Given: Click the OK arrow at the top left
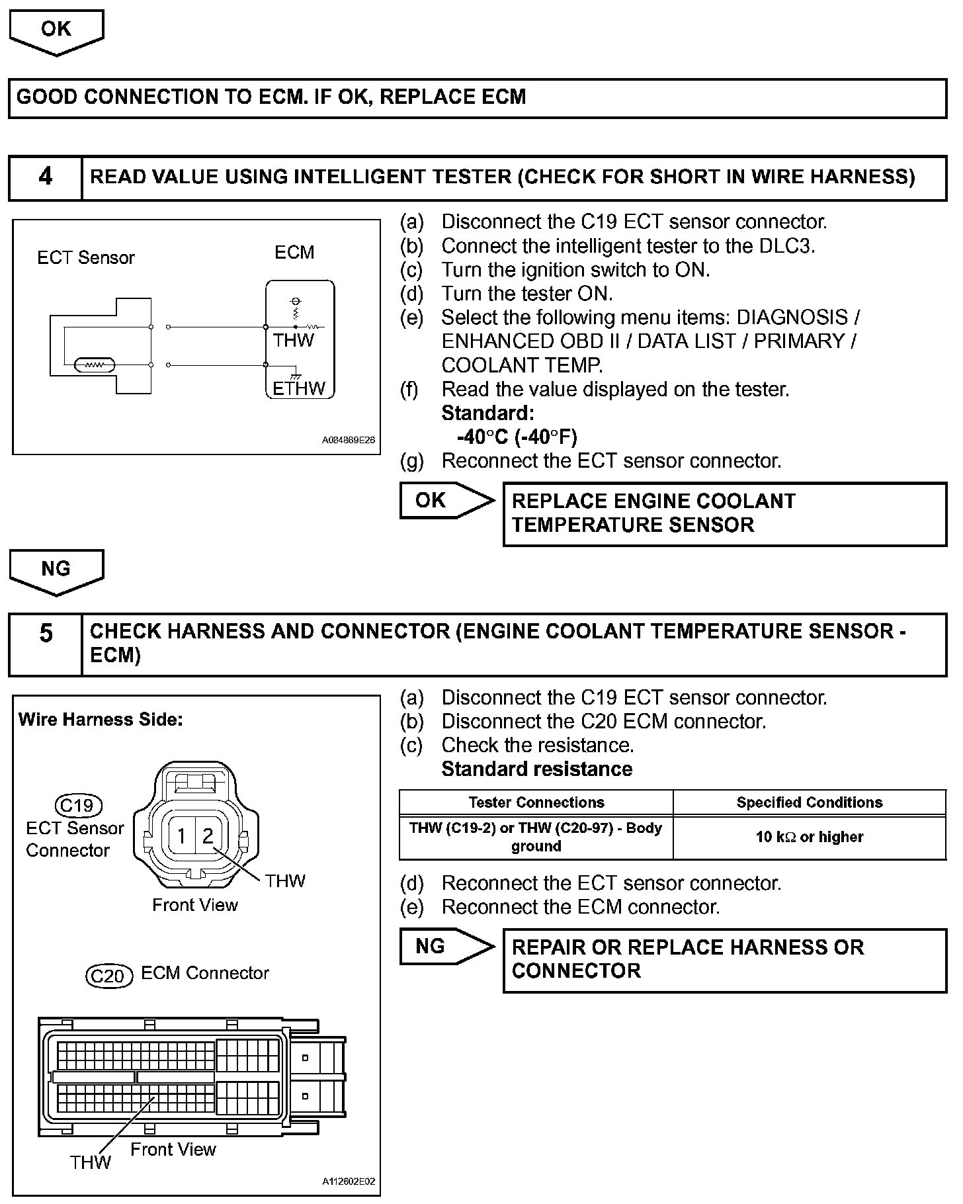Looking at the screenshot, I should click(x=56, y=31).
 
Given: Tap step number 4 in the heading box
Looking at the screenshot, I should click(x=45, y=177).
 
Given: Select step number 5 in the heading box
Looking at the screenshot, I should click(x=45, y=633).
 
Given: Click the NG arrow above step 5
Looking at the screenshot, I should click(x=56, y=570).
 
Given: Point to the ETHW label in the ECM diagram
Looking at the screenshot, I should click(x=299, y=388).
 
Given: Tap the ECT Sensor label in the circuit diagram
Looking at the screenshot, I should click(x=85, y=257).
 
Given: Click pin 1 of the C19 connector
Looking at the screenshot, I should click(x=181, y=836).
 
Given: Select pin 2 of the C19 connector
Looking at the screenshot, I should click(x=208, y=836).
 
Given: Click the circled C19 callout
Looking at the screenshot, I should click(x=78, y=806).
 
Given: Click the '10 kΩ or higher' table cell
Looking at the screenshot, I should click(x=809, y=837).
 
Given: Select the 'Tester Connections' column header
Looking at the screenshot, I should click(x=536, y=802).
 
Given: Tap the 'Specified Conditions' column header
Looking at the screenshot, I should click(x=809, y=802).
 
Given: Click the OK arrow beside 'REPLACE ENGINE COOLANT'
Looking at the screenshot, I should click(x=444, y=500).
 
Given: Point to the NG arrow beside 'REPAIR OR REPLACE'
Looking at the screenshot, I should click(x=444, y=946).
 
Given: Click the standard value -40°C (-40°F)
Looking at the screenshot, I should click(x=517, y=437).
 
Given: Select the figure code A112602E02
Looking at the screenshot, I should click(x=349, y=1182).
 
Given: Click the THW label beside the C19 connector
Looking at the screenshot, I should click(x=285, y=881).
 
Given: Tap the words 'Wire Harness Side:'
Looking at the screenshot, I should click(x=101, y=719).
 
